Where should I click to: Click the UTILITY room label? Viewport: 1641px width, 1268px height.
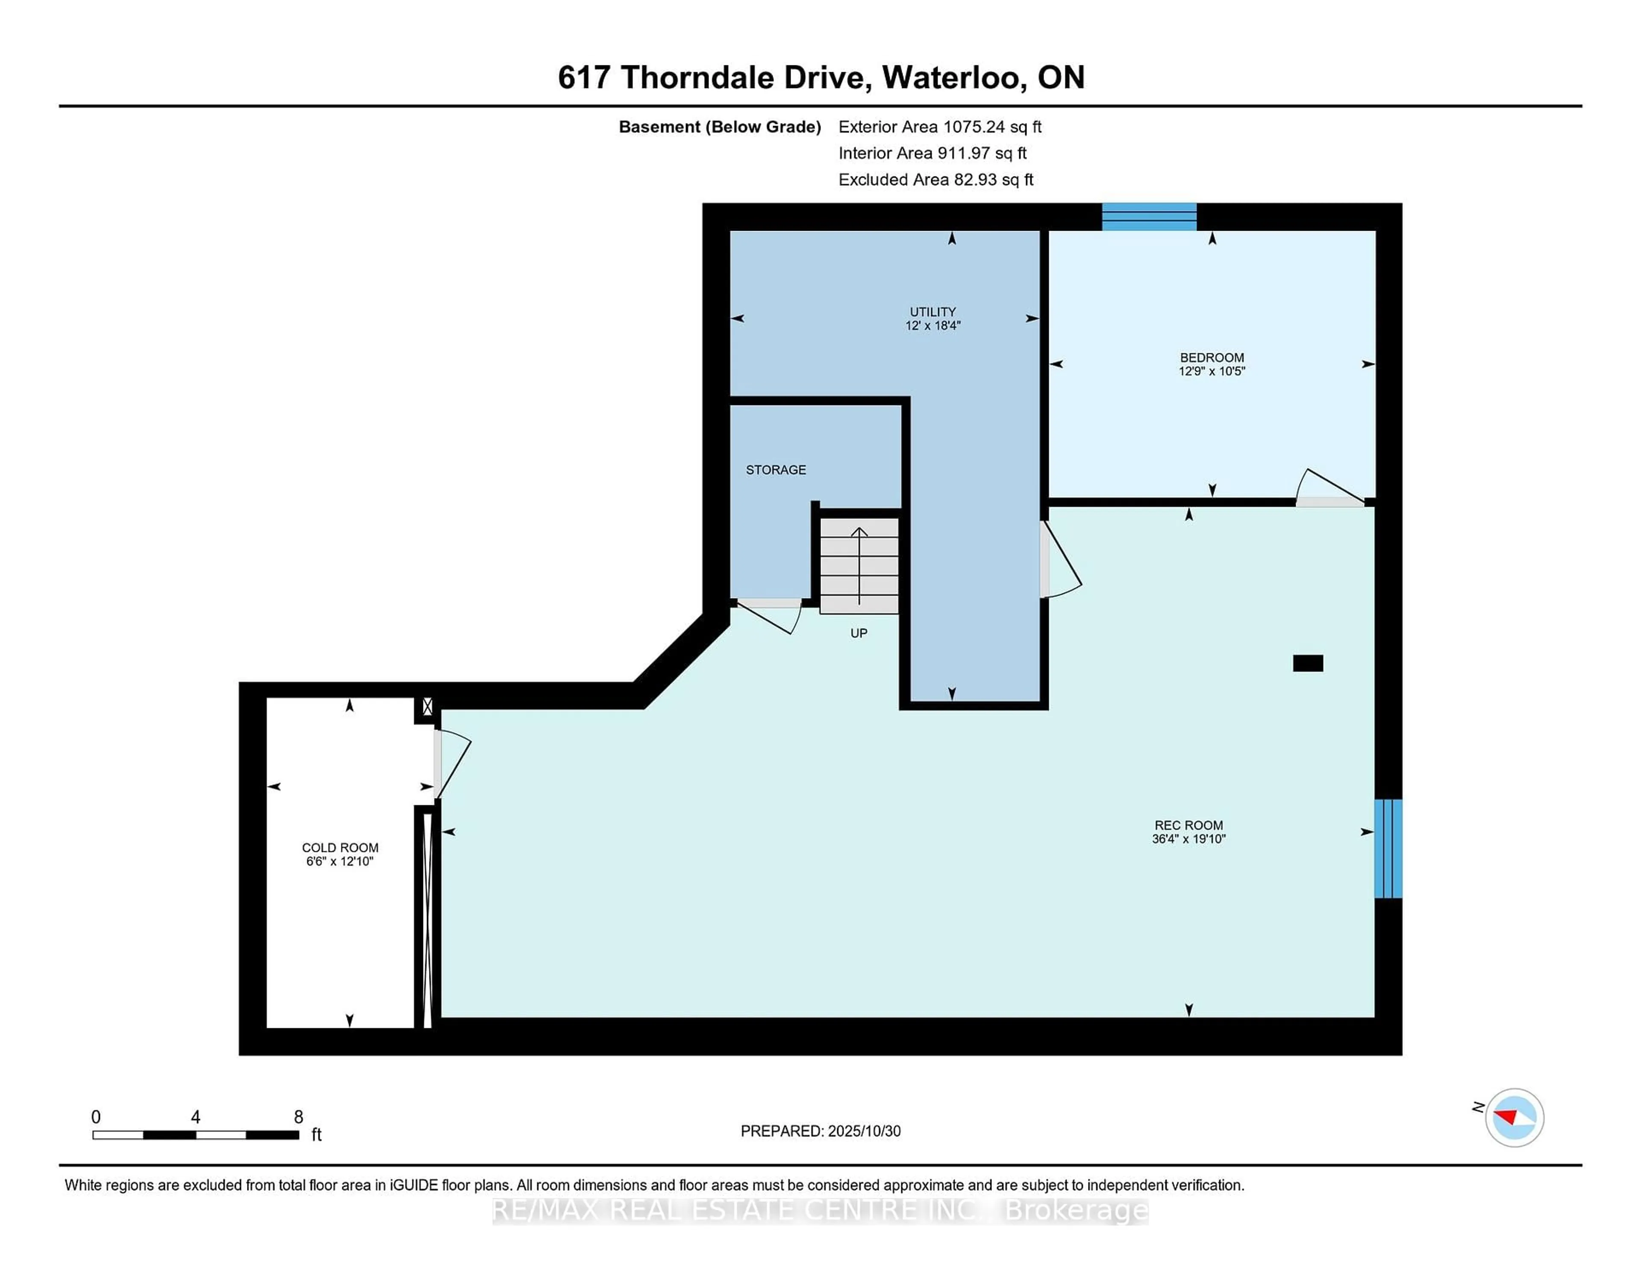coord(932,312)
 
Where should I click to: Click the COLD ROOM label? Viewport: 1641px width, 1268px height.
coord(340,847)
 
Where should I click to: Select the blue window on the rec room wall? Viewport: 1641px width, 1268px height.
coord(1387,848)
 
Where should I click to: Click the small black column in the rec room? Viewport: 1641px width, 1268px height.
coord(1307,663)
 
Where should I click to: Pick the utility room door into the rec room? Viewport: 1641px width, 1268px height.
coord(1059,560)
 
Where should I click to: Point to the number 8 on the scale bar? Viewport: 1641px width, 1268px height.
coord(298,1117)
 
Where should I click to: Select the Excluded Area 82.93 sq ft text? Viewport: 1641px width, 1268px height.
coord(935,179)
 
